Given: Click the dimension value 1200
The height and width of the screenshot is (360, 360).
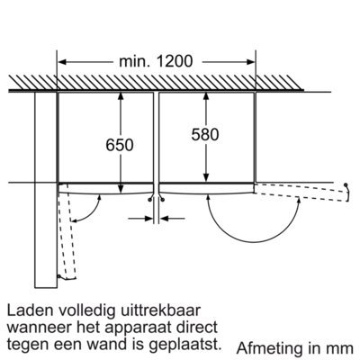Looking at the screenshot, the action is (x=175, y=61).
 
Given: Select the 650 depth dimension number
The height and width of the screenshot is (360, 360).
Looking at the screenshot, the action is (x=120, y=145).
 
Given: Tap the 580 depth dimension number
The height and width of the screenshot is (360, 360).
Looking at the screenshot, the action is (x=205, y=134).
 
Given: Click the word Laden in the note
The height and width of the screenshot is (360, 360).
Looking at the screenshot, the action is (x=30, y=310).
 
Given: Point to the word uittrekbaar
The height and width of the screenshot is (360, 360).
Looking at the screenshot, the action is (x=159, y=310).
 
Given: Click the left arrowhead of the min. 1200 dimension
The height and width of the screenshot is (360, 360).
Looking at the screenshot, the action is (x=62, y=62).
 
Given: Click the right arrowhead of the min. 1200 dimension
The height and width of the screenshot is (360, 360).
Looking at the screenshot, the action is (x=251, y=62).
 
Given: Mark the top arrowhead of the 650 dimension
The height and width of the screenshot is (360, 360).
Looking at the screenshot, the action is (x=121, y=96).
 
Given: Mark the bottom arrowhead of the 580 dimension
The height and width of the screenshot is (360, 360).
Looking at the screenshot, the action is (x=206, y=177).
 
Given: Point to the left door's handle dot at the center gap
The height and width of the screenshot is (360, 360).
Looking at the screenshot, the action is (x=149, y=200).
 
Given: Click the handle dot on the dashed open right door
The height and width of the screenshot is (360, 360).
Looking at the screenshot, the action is (x=346, y=184).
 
